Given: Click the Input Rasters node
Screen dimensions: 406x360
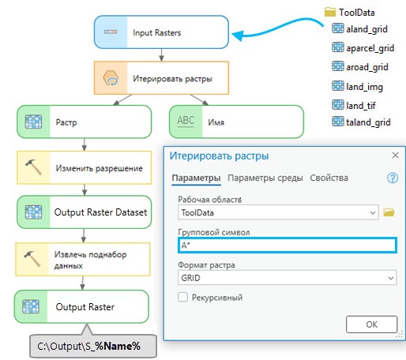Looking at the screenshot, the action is click(161, 32).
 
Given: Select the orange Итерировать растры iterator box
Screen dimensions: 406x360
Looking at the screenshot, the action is click(161, 78).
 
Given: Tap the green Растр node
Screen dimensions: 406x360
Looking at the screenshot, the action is click(85, 122).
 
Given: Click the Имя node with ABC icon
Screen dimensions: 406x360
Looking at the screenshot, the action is click(236, 122).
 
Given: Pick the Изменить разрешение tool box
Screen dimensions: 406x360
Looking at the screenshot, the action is click(85, 167).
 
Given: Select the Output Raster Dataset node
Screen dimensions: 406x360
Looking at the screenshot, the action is click(85, 212).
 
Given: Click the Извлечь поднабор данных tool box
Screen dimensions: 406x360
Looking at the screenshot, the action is click(83, 259).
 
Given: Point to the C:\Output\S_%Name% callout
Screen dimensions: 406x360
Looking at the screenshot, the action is click(93, 346).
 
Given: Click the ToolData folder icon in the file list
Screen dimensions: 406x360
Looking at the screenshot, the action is click(330, 12).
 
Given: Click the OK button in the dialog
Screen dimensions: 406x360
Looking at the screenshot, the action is click(371, 324).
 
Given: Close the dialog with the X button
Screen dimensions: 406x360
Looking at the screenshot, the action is click(395, 156).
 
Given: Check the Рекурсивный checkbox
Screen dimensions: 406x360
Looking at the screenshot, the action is click(182, 298).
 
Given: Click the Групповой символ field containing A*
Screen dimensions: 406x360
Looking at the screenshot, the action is click(288, 246).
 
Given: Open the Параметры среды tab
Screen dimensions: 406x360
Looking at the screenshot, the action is click(265, 178).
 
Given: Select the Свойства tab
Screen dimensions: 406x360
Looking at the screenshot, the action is click(329, 178).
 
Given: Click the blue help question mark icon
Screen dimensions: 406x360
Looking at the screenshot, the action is click(393, 178).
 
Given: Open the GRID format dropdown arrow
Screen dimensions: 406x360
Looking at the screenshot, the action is click(391, 278).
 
